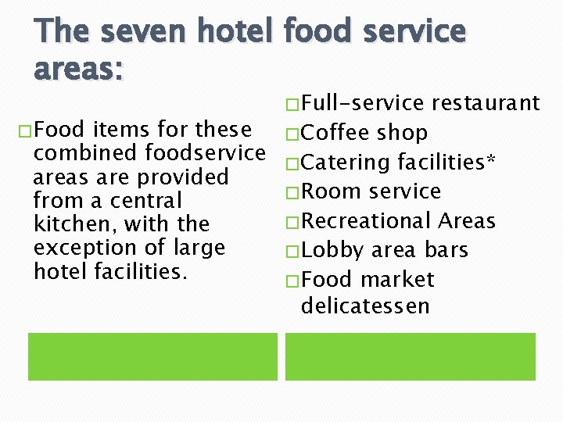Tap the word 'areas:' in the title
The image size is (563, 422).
(x=78, y=68)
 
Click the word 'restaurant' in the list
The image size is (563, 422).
(x=486, y=103)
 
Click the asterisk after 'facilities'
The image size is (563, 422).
(x=490, y=159)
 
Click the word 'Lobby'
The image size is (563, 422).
(x=332, y=251)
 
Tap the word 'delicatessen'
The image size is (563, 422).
(x=365, y=306)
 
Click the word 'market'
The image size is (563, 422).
(x=397, y=280)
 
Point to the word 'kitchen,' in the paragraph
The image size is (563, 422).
(x=72, y=225)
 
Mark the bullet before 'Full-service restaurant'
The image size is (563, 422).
(x=292, y=104)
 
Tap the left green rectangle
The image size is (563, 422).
(x=152, y=356)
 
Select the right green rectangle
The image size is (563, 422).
(x=410, y=356)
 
